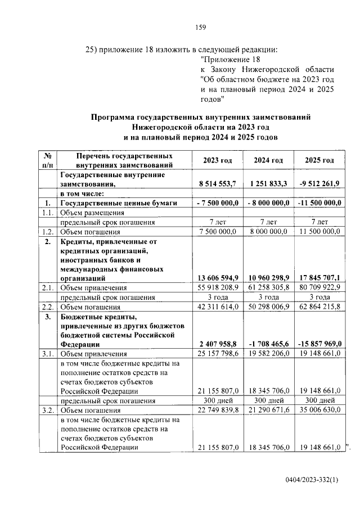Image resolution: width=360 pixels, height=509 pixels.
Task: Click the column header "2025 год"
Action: [x=319, y=160]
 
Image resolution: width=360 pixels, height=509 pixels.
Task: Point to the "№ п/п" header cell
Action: [x=48, y=160]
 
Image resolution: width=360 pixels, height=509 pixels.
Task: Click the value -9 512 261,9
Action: [x=319, y=183]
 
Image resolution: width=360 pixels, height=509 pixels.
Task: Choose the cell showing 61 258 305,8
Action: [x=268, y=287]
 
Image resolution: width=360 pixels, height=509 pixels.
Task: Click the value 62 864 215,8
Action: [x=319, y=307]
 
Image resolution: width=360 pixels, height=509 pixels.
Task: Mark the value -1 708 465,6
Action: [x=268, y=344]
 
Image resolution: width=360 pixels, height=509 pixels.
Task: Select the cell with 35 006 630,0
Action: [x=319, y=410]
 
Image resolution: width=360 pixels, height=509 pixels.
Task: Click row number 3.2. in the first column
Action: [x=48, y=410]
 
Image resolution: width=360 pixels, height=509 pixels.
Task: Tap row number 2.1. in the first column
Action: [x=48, y=287]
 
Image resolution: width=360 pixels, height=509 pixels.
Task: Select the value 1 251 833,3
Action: [x=268, y=183]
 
